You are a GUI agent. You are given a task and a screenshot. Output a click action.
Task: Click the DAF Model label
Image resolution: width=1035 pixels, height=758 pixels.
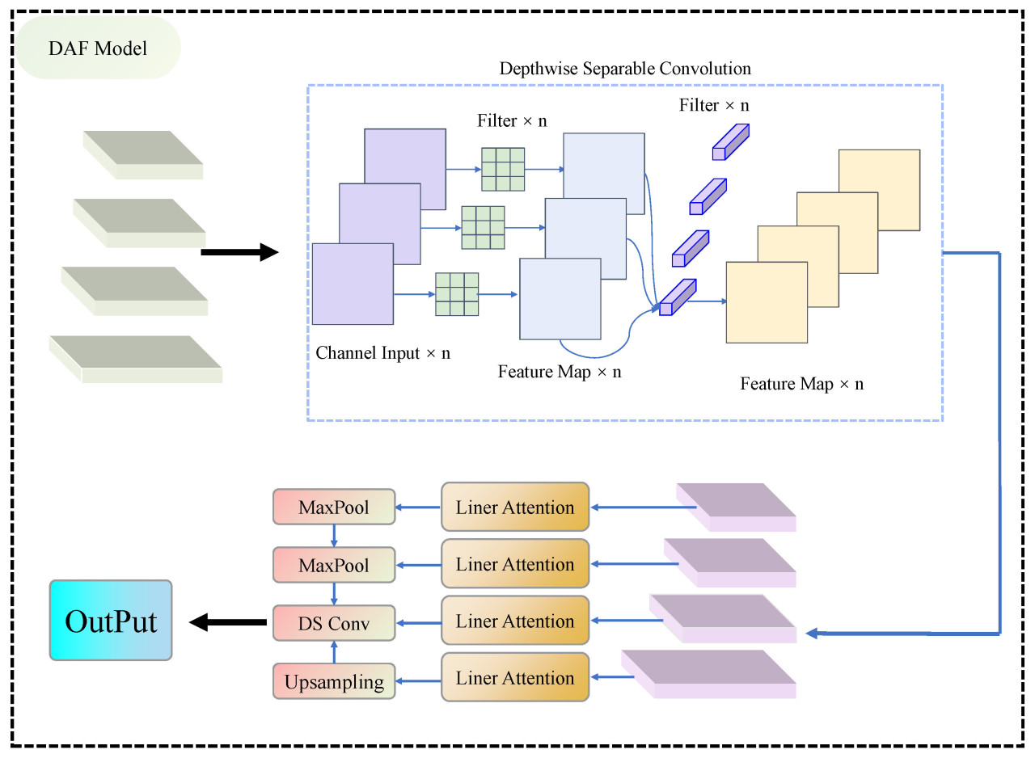click(98, 48)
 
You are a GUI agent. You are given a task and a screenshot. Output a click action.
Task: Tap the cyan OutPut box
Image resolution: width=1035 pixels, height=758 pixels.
click(111, 621)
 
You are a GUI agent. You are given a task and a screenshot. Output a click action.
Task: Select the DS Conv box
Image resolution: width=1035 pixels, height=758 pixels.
click(334, 622)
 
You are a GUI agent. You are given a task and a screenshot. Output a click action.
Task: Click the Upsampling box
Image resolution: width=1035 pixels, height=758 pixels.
click(334, 681)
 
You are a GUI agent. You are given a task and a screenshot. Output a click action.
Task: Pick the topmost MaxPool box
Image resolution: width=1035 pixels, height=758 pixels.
click(334, 507)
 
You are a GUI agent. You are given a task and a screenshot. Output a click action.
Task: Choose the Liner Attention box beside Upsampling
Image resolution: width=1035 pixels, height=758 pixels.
click(515, 678)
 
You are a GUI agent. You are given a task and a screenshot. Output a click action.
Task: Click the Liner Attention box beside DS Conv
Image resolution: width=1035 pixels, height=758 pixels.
click(515, 621)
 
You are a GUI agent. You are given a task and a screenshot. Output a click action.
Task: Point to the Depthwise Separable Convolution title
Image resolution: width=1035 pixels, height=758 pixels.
click(625, 69)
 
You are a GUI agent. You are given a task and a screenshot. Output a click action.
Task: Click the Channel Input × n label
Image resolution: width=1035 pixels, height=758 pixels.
click(383, 353)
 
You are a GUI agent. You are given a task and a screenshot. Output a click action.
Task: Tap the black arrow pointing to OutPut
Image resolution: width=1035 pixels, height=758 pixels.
click(229, 621)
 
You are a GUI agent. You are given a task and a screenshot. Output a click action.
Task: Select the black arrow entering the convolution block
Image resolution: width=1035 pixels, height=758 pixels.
click(239, 254)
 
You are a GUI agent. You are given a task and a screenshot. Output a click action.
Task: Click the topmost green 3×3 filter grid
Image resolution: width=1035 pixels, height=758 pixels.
click(503, 169)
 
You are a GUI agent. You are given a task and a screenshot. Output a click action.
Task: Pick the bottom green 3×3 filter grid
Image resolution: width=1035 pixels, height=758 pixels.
click(457, 294)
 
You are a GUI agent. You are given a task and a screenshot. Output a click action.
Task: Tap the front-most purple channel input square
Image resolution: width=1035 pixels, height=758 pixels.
click(353, 284)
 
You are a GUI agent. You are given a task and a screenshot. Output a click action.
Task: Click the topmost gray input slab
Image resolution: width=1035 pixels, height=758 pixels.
click(143, 154)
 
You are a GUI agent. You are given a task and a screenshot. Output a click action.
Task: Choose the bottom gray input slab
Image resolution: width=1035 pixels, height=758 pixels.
click(136, 357)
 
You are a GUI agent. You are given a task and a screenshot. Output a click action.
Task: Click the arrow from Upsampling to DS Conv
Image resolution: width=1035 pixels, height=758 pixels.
click(334, 651)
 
